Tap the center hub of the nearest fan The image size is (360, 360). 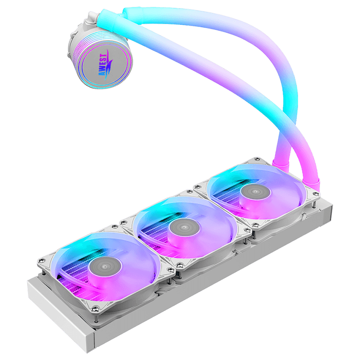(x=105, y=266)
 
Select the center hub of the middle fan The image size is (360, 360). (x=184, y=227)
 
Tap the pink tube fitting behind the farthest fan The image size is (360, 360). (x=280, y=164)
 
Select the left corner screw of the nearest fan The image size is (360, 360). (x=42, y=260)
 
